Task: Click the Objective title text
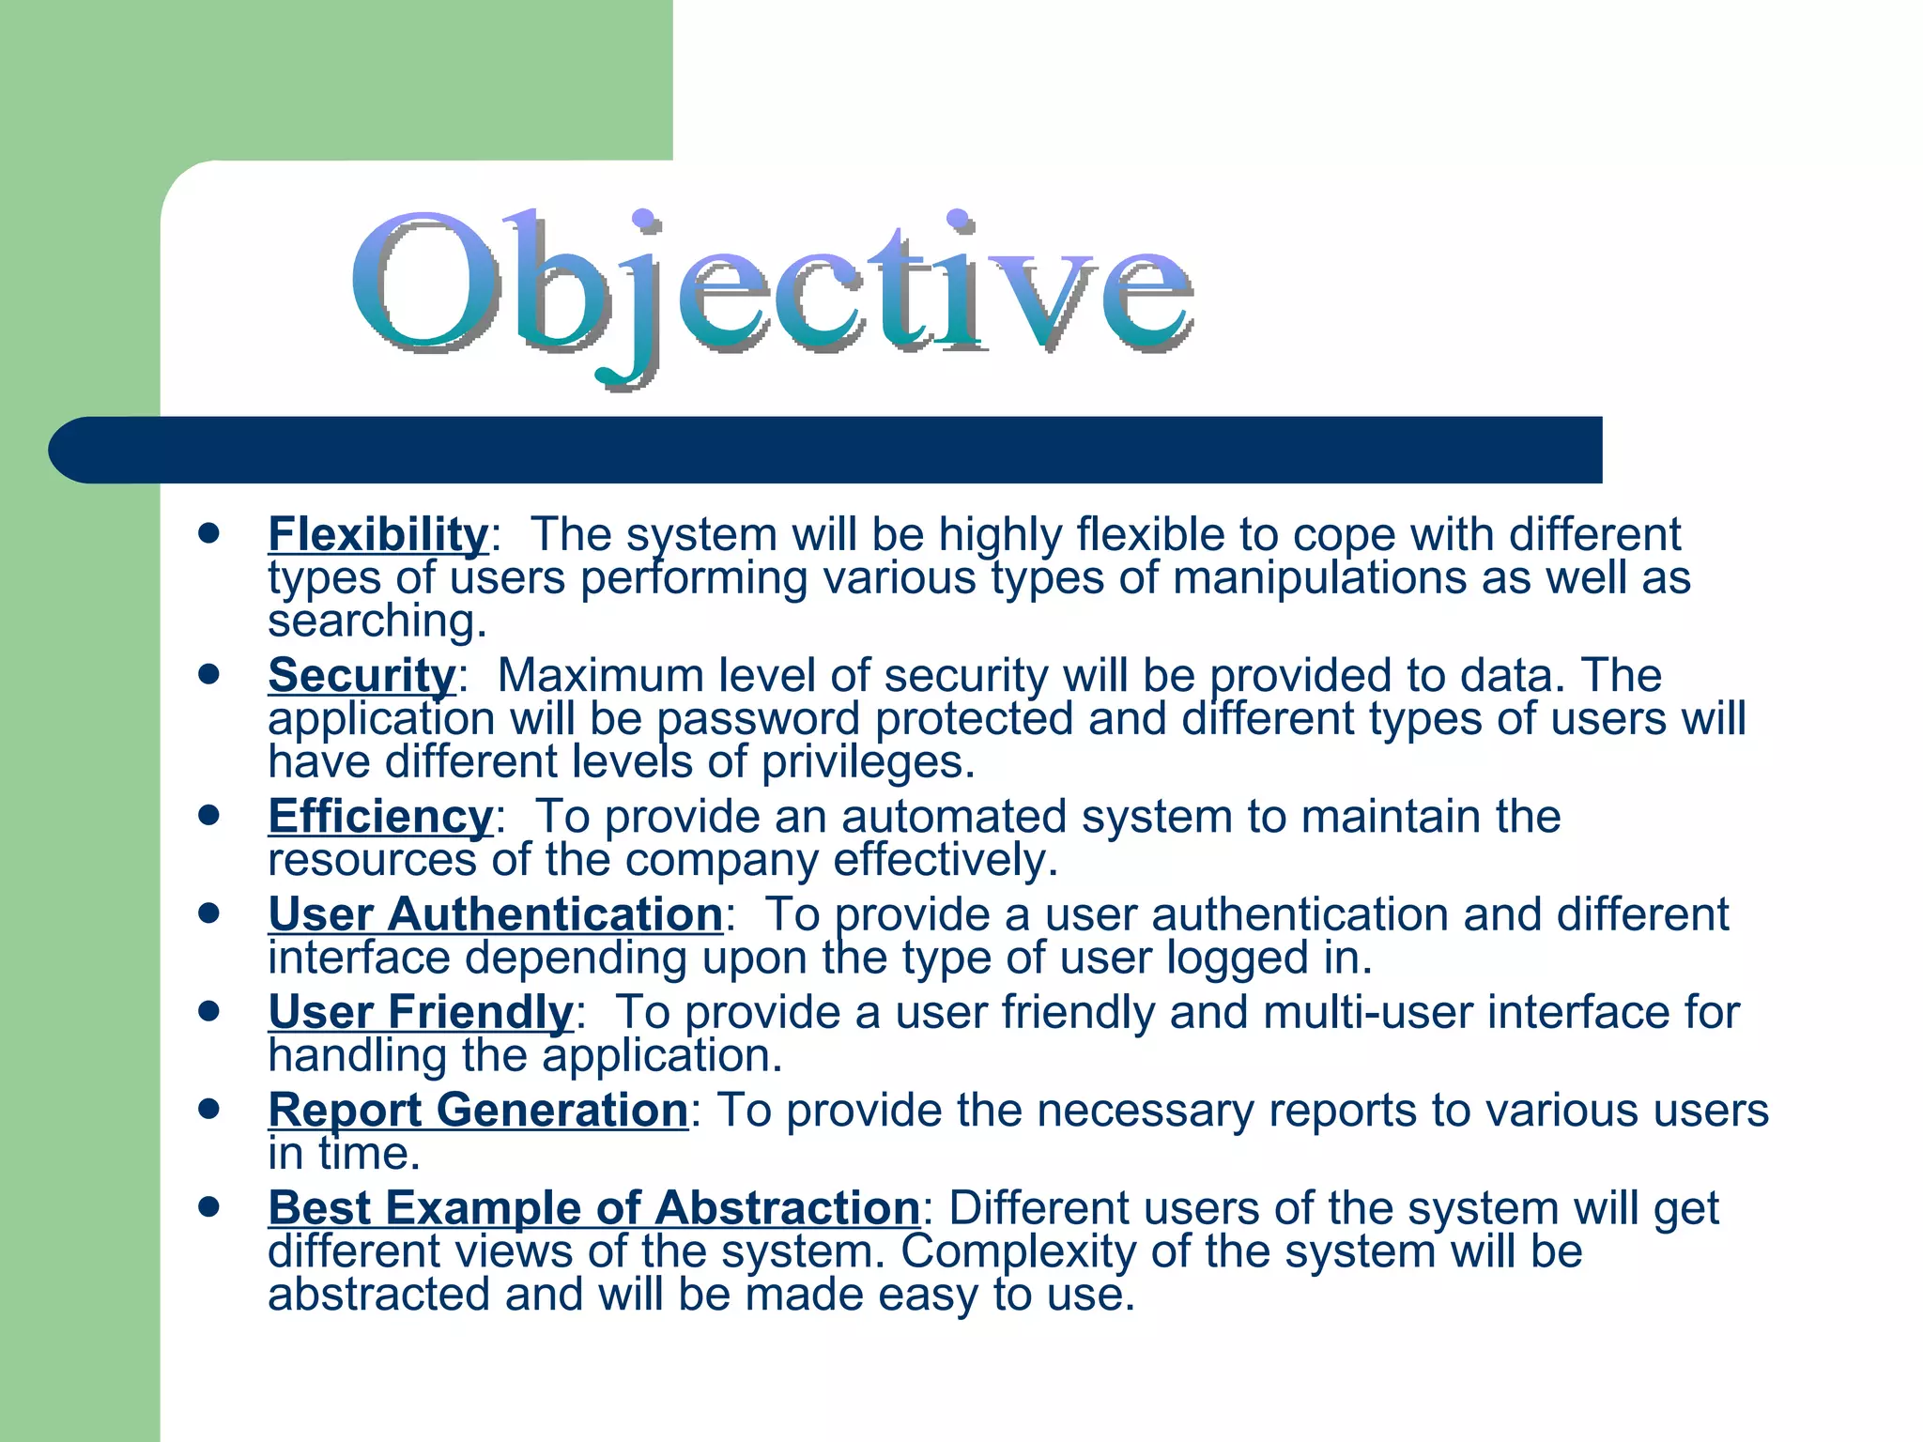pos(772,289)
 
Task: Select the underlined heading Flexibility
pos(378,535)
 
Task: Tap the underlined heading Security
pos(362,676)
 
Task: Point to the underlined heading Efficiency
pos(380,817)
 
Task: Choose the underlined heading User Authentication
pos(495,915)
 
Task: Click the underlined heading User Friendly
pos(420,1013)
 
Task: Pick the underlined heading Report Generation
pos(478,1111)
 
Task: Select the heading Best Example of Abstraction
pos(593,1208)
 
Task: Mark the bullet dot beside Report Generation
pos(208,1110)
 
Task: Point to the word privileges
pos(868,762)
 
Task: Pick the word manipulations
pos(1319,578)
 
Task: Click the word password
pos(758,720)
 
